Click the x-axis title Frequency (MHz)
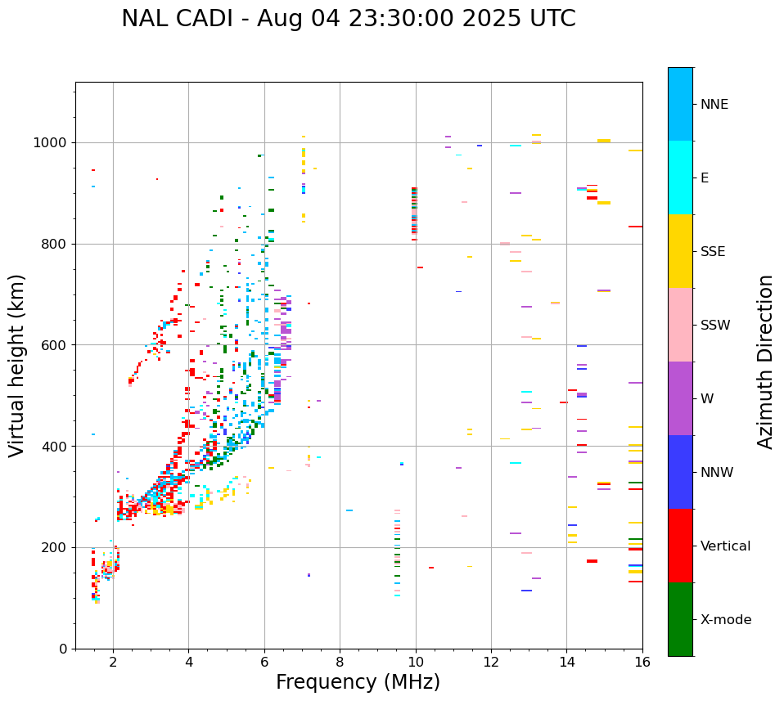click(x=358, y=682)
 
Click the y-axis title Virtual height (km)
click(x=18, y=366)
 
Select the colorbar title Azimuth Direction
click(x=765, y=362)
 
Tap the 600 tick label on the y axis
click(x=56, y=345)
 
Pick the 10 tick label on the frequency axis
click(x=416, y=662)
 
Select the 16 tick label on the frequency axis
click(x=642, y=662)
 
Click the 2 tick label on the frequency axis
click(x=113, y=662)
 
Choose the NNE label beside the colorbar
click(x=714, y=105)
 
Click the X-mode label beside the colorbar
click(x=726, y=620)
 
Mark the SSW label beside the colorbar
click(x=715, y=326)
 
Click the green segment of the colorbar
click(x=680, y=619)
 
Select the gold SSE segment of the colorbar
click(x=680, y=251)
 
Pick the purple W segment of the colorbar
click(x=680, y=398)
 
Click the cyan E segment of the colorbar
click(x=680, y=177)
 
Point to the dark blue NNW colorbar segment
click(x=680, y=472)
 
